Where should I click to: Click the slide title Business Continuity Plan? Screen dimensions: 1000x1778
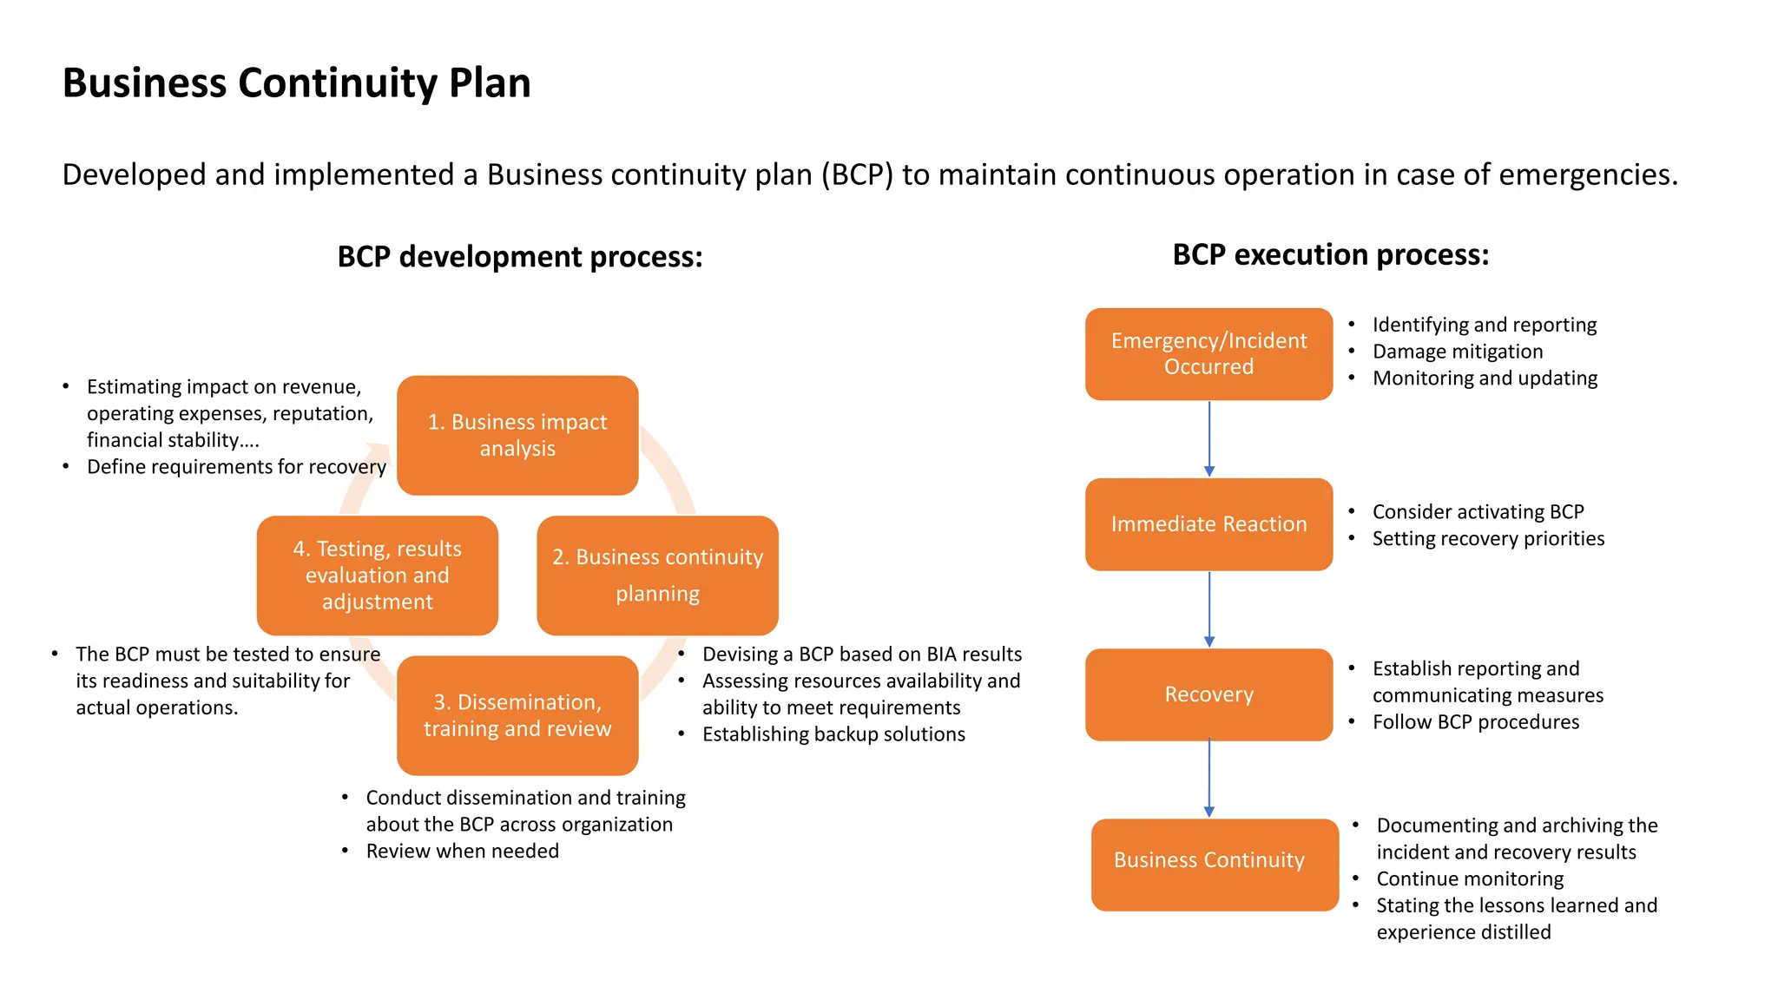(x=296, y=83)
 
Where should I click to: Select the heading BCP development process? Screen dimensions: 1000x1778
(x=519, y=257)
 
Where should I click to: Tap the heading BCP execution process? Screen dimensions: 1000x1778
(x=1330, y=254)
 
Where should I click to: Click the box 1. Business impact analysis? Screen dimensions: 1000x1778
(x=517, y=435)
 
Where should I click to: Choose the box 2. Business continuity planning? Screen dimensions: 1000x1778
(x=657, y=575)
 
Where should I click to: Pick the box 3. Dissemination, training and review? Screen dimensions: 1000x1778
(x=517, y=715)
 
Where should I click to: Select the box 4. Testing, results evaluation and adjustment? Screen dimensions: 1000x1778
(x=377, y=575)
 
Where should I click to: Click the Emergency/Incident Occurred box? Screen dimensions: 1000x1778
(x=1208, y=353)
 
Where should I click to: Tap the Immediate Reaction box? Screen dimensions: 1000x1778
(x=1208, y=524)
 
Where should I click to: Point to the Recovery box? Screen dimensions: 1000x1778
(x=1208, y=694)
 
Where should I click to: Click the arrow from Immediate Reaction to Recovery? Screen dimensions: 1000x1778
(x=1209, y=609)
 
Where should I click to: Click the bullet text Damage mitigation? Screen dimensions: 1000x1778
(x=1457, y=352)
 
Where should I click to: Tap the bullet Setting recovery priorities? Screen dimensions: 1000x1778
(x=1487, y=538)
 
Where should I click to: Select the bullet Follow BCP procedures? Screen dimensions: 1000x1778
(x=1475, y=722)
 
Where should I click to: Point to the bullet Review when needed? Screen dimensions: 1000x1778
(x=462, y=851)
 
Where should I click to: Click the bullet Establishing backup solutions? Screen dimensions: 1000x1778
(x=833, y=734)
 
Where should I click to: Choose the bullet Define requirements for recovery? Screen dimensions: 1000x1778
(x=236, y=467)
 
